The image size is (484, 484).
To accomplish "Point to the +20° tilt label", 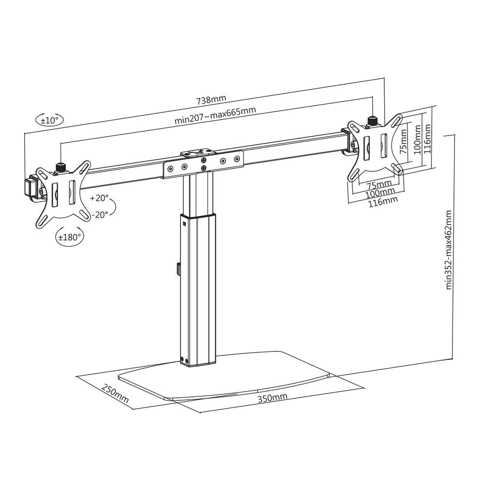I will point(99,198).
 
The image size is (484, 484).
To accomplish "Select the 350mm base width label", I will point(272,398).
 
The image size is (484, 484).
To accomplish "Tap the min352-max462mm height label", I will point(449,249).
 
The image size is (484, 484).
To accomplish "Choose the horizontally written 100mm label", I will point(379,193).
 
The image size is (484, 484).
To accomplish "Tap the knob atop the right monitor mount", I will point(373,120).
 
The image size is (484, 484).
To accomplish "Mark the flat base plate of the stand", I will point(227,380).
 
